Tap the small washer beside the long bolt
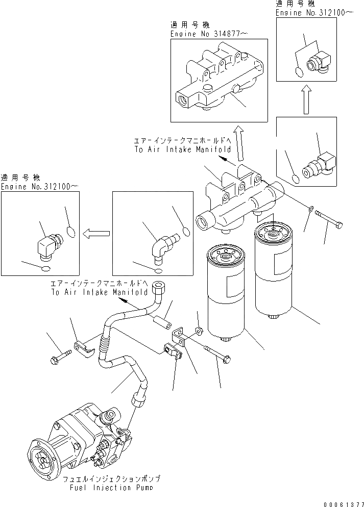[311, 209]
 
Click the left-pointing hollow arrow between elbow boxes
[97, 233]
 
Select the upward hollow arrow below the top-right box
[306, 100]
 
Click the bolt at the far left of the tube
[57, 358]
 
